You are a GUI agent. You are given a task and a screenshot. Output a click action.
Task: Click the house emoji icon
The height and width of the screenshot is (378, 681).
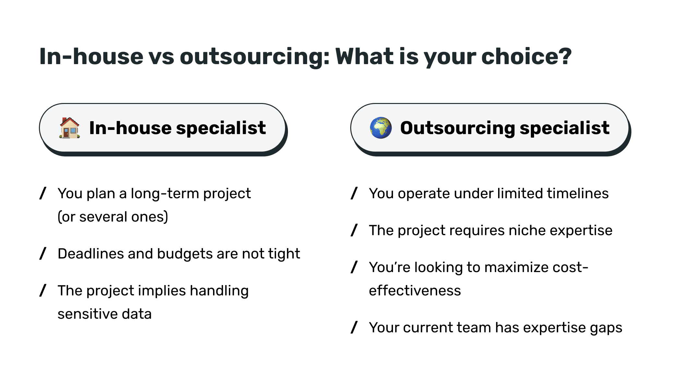tap(69, 128)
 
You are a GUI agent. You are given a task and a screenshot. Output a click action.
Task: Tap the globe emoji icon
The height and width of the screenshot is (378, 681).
tap(381, 128)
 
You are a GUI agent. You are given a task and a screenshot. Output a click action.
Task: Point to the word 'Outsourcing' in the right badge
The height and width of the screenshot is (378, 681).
tap(457, 128)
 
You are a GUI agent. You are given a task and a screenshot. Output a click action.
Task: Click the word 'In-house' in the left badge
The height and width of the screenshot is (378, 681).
tap(130, 128)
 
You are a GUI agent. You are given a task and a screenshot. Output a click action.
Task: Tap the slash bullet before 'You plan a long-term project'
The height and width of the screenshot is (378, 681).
tap(43, 193)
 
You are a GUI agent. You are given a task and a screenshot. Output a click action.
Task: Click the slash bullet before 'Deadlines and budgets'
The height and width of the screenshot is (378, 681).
tap(43, 254)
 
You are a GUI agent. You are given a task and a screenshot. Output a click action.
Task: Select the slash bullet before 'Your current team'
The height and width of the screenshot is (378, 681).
tap(354, 327)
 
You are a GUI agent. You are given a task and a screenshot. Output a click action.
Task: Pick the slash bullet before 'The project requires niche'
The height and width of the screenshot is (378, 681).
tap(354, 230)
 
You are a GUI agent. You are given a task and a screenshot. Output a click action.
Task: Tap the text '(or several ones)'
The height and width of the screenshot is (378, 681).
tap(113, 217)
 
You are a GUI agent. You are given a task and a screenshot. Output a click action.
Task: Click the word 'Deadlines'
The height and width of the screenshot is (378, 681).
tap(91, 254)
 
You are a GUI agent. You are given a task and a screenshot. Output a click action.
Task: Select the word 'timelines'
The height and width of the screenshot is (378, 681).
tap(578, 193)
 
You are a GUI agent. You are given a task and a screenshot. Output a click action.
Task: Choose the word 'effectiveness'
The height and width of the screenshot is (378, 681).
tap(415, 291)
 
